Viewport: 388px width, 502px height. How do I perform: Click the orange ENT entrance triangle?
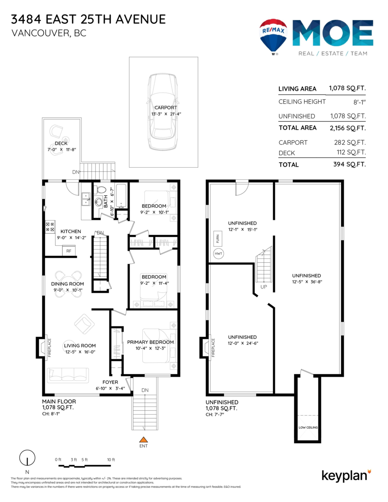(144, 439)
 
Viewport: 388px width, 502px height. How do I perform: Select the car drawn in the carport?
(163, 112)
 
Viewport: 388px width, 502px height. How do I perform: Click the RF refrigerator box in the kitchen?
(69, 251)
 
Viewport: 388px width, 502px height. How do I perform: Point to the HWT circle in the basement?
(218, 254)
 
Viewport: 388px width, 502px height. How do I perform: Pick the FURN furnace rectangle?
(218, 238)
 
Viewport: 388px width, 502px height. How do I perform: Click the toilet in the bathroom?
(101, 190)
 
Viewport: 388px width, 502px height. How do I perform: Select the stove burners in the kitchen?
(50, 227)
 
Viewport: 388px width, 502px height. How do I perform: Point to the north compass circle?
(27, 458)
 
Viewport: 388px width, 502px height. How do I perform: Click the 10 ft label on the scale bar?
(111, 459)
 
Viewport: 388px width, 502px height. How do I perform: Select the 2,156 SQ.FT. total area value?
(348, 128)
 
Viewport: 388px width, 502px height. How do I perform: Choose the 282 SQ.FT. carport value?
(350, 143)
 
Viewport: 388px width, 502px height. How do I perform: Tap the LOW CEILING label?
(308, 428)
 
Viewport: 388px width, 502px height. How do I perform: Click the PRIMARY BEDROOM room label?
(150, 342)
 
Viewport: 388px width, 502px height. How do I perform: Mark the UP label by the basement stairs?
(264, 287)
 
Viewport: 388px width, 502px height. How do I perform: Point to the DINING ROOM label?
(67, 284)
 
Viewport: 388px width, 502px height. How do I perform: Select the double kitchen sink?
(86, 199)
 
